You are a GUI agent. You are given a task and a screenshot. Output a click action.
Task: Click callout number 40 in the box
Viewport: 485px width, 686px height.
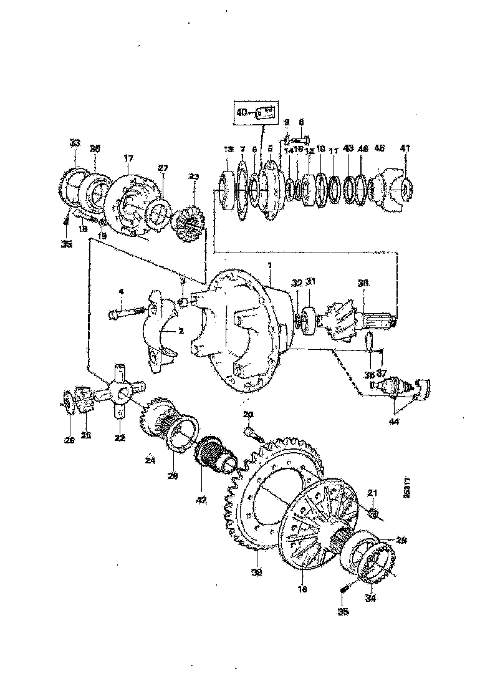point(241,113)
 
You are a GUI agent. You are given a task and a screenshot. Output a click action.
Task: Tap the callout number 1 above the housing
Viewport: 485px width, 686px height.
point(269,265)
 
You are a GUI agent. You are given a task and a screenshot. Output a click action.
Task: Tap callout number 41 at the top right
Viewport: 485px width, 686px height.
point(405,148)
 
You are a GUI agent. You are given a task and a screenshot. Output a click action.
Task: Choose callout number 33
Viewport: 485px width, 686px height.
point(75,143)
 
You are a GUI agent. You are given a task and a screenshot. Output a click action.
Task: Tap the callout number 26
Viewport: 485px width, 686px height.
point(69,440)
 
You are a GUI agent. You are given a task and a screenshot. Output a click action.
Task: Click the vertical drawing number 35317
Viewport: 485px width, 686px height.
point(406,486)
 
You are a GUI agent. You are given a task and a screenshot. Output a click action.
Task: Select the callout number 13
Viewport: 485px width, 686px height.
point(227,150)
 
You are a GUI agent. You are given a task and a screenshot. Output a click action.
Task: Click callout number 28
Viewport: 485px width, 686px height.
point(172,476)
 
